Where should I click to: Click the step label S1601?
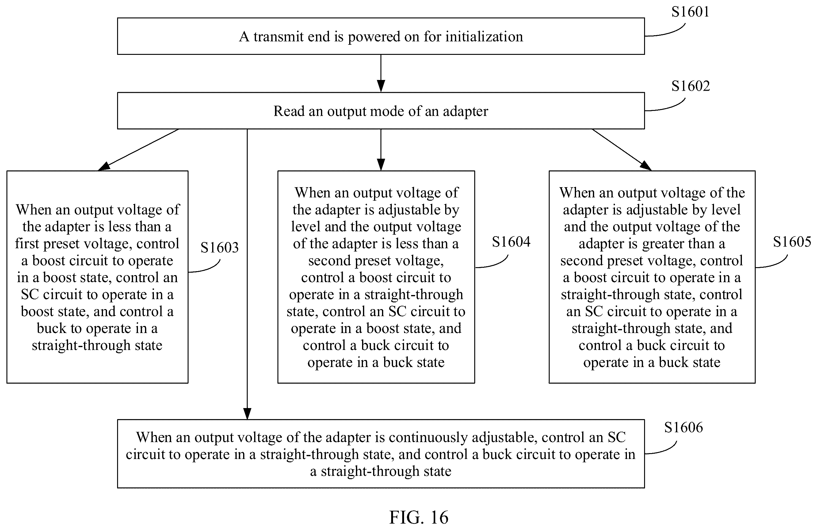pyautogui.click(x=690, y=12)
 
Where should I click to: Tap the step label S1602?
pyautogui.click(x=690, y=86)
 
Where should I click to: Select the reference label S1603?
pyautogui.click(x=220, y=248)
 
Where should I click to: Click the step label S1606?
pyautogui.click(x=683, y=427)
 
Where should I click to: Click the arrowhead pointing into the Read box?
pyautogui.click(x=381, y=86)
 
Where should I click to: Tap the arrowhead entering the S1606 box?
pyautogui.click(x=247, y=414)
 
